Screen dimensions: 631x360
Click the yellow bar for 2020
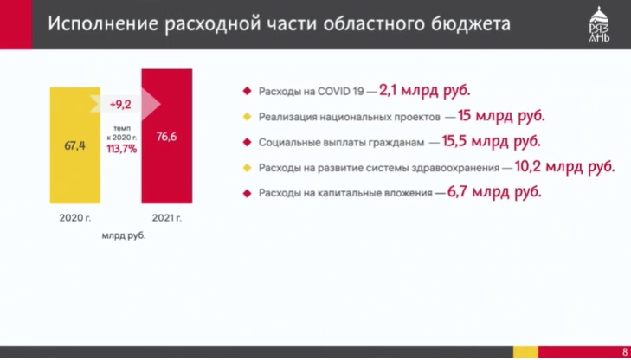75,145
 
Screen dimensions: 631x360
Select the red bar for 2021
166,136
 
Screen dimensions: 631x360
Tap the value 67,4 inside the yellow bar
74,145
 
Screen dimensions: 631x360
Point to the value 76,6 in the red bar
166,137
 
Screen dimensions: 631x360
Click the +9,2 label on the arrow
120,105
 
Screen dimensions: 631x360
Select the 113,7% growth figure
121,149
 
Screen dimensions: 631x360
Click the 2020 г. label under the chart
75,218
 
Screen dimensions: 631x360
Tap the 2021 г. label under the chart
166,218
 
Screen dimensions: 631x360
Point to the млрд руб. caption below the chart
124,236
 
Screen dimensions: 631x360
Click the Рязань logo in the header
600,24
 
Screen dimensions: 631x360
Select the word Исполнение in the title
103,24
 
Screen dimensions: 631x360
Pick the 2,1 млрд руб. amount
424,91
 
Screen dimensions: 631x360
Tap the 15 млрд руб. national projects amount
501,116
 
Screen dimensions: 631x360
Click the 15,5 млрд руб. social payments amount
491,142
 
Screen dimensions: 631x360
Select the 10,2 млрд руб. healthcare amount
564,167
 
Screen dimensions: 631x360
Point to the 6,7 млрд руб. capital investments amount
493,192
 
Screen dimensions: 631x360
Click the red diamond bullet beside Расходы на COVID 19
247,91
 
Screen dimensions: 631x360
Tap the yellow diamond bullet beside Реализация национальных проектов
247,117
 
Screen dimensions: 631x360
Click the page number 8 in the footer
624,352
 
